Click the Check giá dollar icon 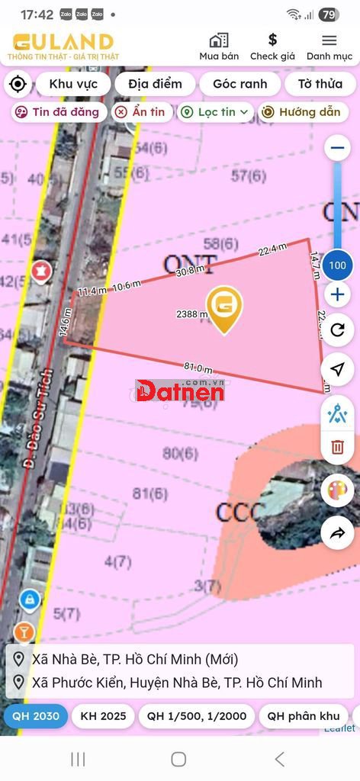[x=272, y=40]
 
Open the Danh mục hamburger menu [x=329, y=40]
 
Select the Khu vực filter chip [x=73, y=84]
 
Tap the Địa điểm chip [x=155, y=84]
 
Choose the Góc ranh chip [x=239, y=84]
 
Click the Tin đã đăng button [x=58, y=112]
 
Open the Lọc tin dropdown [x=215, y=112]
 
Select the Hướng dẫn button [x=301, y=112]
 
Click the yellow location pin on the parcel [x=223, y=307]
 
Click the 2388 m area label [x=191, y=314]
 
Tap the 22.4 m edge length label [x=272, y=249]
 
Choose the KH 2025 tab [x=103, y=717]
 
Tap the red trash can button [x=337, y=447]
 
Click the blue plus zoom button [x=337, y=294]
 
